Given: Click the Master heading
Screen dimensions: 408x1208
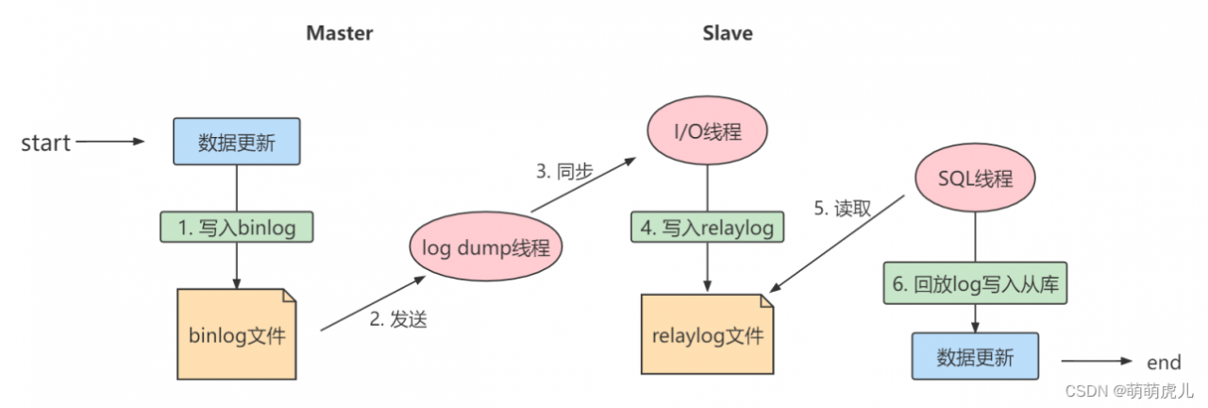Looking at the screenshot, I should (340, 33).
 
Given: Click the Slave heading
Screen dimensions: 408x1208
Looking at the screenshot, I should (728, 33).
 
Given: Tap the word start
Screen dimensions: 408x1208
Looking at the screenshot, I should (46, 143).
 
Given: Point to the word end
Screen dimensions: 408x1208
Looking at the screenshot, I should (1163, 362).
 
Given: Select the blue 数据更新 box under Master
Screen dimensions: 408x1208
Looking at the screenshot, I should (236, 142).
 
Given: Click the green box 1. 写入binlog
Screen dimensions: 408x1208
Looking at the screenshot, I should (236, 227).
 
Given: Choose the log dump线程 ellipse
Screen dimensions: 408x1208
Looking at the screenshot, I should (486, 248).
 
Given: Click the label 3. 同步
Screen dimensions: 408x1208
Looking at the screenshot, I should (563, 172).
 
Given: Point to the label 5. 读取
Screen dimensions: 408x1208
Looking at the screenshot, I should (842, 209).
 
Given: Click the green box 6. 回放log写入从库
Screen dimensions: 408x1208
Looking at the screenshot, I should (975, 282).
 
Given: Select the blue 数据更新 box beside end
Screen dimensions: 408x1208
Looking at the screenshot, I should (975, 357).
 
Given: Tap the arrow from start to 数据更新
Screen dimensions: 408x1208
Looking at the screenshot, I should (110, 143).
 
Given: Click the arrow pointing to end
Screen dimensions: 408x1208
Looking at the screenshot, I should (1097, 362).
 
